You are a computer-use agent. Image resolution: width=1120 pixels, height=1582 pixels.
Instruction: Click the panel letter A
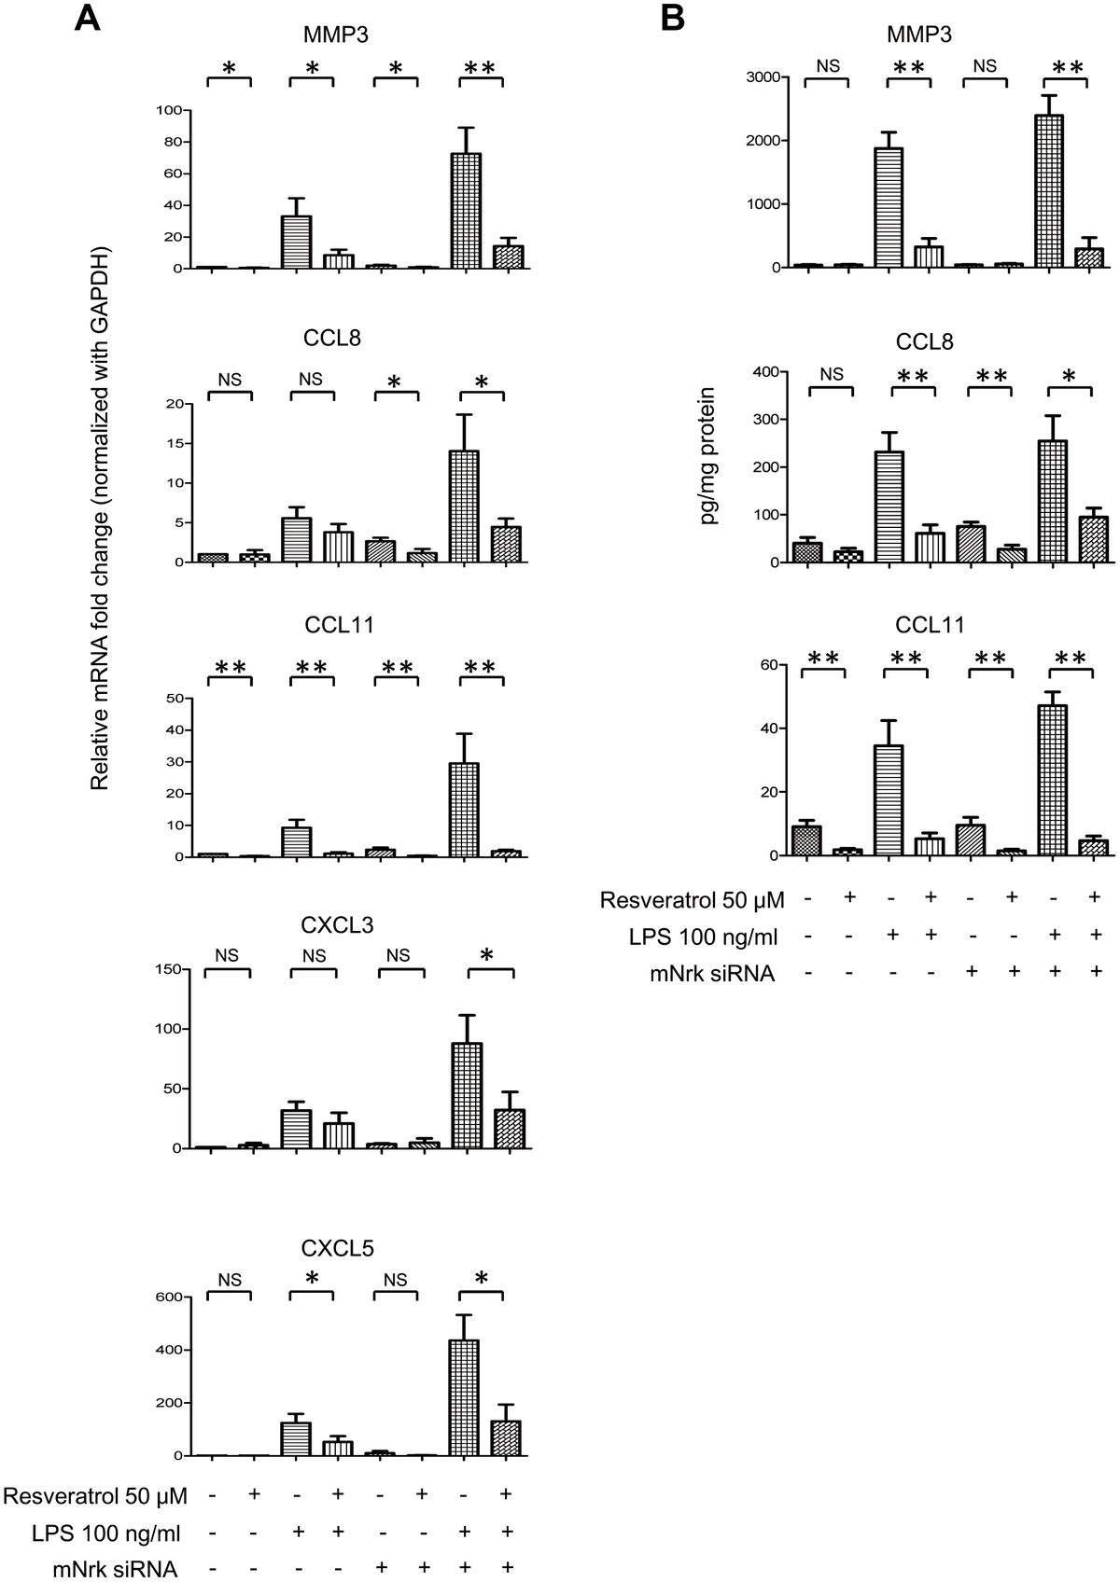[88, 18]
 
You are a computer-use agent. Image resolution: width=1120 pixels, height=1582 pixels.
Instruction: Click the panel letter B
[674, 18]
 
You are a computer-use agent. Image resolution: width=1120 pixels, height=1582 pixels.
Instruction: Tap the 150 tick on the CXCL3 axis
[166, 970]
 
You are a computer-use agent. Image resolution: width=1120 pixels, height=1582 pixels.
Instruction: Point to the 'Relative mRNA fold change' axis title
[100, 518]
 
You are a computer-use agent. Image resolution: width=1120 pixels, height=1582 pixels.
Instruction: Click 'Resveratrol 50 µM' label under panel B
[693, 900]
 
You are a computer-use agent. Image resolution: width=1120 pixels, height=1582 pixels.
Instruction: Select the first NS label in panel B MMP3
[829, 65]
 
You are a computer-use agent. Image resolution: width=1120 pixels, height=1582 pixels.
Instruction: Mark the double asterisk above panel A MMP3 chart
[481, 67]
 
